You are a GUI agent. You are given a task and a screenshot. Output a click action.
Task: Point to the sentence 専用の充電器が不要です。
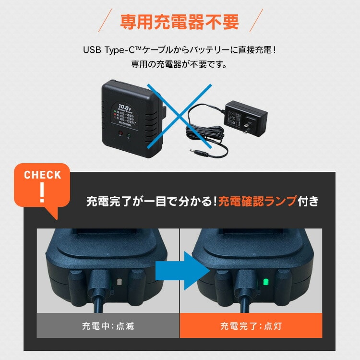pos(180,63)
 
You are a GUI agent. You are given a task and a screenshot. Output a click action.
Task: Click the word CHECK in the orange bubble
pos(42,175)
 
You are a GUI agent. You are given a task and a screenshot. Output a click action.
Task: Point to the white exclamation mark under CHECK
pos(42,192)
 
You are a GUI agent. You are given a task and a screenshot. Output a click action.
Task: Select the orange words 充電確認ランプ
pos(257,201)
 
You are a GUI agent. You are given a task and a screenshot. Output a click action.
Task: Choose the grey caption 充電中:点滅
pos(108,326)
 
